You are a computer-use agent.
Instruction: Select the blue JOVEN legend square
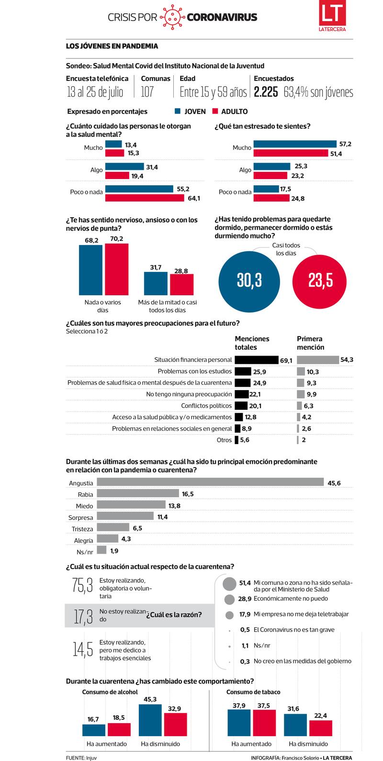[x=178, y=111]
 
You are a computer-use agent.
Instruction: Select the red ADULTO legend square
[x=214, y=111]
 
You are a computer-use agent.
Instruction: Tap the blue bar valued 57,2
[x=295, y=144]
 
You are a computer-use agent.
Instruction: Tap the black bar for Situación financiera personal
[x=257, y=360]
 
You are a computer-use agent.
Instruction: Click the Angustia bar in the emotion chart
[x=210, y=483]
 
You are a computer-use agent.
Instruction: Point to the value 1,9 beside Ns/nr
[x=114, y=551]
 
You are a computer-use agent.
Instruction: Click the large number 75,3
[x=82, y=585]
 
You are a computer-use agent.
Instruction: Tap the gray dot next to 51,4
[x=230, y=583]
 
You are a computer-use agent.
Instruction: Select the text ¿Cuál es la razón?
[x=174, y=615]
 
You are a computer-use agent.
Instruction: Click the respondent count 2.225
[x=266, y=92]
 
